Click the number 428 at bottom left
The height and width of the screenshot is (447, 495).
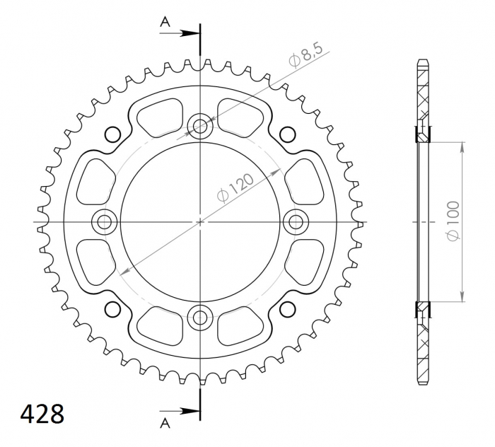pos(42,414)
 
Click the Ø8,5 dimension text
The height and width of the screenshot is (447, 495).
pos(305,56)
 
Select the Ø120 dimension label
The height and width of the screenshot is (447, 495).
pos(235,187)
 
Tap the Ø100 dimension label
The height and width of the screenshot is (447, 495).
pos(453,221)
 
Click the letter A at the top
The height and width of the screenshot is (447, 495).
pos(165,22)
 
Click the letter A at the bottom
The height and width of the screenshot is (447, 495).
pos(165,424)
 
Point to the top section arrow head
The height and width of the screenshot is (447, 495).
pos(191,33)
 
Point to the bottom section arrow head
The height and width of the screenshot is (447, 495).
pos(191,411)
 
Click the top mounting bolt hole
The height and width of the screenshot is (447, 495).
pos(200,127)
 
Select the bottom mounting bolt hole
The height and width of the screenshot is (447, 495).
pos(200,318)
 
